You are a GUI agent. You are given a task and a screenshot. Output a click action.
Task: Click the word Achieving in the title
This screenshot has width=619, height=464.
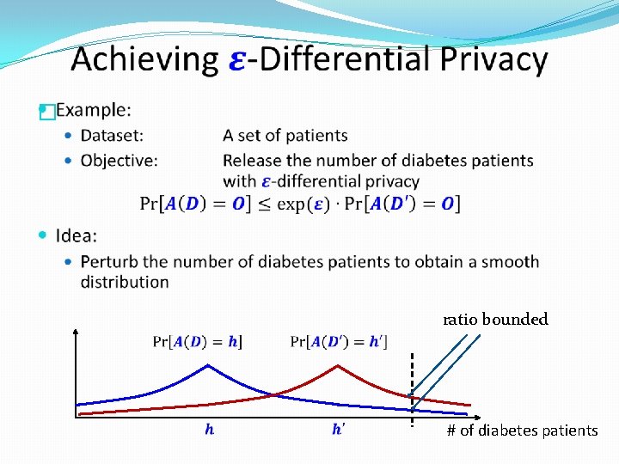[144, 60]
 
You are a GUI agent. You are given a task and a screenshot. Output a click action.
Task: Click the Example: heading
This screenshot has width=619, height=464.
[93, 110]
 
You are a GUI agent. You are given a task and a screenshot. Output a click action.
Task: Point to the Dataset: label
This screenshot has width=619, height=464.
[112, 136]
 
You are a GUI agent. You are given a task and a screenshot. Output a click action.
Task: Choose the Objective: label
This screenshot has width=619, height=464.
[119, 161]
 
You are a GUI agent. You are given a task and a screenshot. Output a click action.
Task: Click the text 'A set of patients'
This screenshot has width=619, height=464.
[285, 136]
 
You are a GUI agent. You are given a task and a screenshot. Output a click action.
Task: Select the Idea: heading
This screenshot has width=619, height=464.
[76, 235]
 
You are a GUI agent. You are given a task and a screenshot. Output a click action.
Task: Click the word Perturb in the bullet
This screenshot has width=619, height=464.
[109, 261]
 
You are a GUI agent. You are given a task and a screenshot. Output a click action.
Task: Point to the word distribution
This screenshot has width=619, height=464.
[125, 282]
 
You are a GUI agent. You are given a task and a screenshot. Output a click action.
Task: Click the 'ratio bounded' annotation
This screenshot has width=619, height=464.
[495, 320]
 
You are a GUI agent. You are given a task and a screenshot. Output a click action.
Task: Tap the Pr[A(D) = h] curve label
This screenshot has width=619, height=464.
[197, 342]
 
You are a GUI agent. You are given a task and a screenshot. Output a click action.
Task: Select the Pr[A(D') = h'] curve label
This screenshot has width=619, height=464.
[339, 342]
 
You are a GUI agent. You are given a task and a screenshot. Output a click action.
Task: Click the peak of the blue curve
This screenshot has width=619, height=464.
[208, 366]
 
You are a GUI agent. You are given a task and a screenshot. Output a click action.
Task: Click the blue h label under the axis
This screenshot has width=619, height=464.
[210, 430]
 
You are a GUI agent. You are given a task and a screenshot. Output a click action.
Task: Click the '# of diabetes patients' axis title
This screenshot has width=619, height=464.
[522, 430]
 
